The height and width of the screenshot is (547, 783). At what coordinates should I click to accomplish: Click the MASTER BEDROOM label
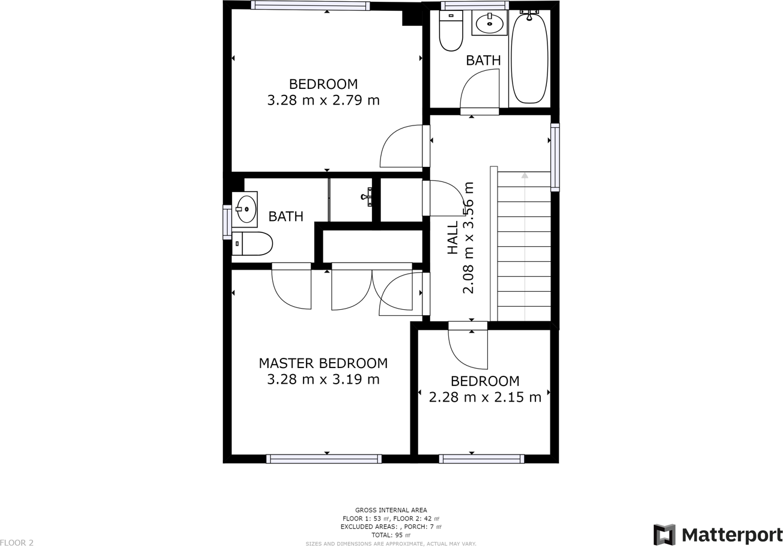coord(323,363)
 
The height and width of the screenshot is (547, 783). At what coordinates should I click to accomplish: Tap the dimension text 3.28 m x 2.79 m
coord(323,100)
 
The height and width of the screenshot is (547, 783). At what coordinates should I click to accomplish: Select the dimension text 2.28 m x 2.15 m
coord(485,397)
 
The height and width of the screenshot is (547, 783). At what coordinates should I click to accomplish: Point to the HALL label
coord(452,237)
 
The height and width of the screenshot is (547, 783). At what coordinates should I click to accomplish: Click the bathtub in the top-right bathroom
coord(529,58)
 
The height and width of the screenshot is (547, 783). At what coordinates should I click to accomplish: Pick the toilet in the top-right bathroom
coord(451,31)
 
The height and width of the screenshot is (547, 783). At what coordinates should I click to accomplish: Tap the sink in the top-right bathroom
coord(490,24)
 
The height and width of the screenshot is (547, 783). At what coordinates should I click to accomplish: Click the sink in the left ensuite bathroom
coord(245,209)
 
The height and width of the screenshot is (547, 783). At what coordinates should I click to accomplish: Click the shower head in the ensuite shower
coord(367,196)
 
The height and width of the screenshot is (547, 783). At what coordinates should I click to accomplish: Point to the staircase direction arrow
coord(525,175)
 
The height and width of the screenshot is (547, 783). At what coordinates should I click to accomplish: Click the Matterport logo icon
coord(664,534)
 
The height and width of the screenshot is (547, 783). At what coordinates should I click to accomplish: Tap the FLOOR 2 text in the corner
coord(17,543)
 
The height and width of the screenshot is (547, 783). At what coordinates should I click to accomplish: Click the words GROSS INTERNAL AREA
coord(391,510)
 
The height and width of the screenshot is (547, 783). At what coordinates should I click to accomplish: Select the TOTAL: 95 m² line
coord(391,535)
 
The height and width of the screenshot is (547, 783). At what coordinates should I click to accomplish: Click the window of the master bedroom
coord(323,459)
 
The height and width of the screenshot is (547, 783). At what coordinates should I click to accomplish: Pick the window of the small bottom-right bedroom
coord(481,459)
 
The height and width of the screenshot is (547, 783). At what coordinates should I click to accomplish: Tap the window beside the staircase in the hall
coord(555,157)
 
